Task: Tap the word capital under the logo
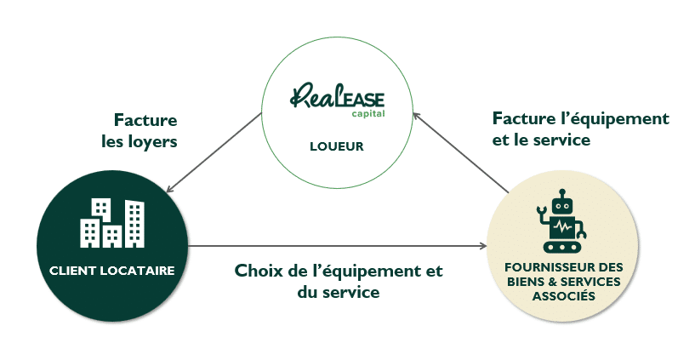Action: pyautogui.click(x=368, y=113)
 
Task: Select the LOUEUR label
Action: pyautogui.click(x=337, y=146)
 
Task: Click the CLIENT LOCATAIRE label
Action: pyautogui.click(x=111, y=271)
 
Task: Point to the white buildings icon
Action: pyautogui.click(x=112, y=223)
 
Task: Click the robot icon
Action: pyautogui.click(x=562, y=220)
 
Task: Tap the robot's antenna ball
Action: pyautogui.click(x=562, y=193)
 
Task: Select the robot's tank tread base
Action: pyautogui.click(x=562, y=247)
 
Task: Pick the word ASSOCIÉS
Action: pyautogui.click(x=564, y=295)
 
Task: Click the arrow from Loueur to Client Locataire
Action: pyautogui.click(x=214, y=152)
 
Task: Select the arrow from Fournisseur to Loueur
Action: pyautogui.click(x=460, y=152)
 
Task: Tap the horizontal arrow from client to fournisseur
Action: pyautogui.click(x=338, y=246)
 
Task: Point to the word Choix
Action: pyautogui.click(x=258, y=270)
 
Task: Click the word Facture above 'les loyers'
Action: pyautogui.click(x=145, y=120)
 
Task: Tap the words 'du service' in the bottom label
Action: pyautogui.click(x=339, y=292)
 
